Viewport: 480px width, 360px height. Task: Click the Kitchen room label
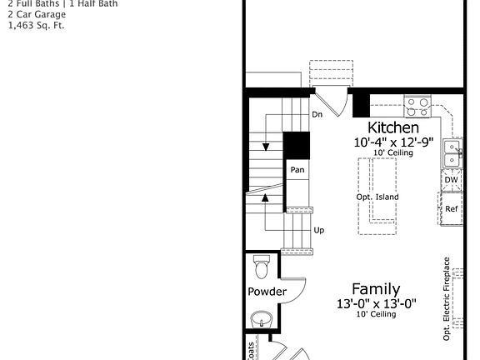[393, 127]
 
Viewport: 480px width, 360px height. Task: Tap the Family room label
[375, 289]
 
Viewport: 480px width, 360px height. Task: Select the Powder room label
[267, 292]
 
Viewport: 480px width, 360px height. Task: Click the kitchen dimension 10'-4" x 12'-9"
[393, 142]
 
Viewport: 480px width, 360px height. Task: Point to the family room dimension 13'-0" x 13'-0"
[376, 303]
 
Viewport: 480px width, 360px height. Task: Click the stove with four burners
[417, 107]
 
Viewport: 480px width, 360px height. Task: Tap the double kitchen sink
[451, 152]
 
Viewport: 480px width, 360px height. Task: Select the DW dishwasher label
[451, 179]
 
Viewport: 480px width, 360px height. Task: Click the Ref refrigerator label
[451, 208]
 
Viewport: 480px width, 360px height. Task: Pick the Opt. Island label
[377, 197]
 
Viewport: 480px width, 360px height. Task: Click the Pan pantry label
[297, 170]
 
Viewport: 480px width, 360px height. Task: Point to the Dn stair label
[317, 114]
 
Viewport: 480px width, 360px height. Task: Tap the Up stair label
[319, 230]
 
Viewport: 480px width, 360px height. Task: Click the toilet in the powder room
[262, 267]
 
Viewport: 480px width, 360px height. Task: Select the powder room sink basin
[262, 319]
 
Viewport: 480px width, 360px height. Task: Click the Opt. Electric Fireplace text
[447, 298]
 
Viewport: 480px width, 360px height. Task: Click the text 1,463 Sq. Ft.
[36, 25]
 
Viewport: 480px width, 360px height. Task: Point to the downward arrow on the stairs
[266, 147]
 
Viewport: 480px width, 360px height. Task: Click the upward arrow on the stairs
[266, 198]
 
